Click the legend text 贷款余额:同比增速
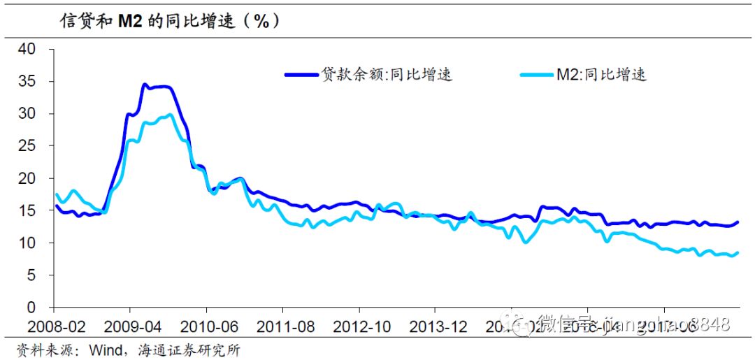pos(387,75)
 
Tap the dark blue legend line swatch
pos(301,75)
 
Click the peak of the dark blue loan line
pos(145,85)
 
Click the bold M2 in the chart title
pos(131,21)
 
